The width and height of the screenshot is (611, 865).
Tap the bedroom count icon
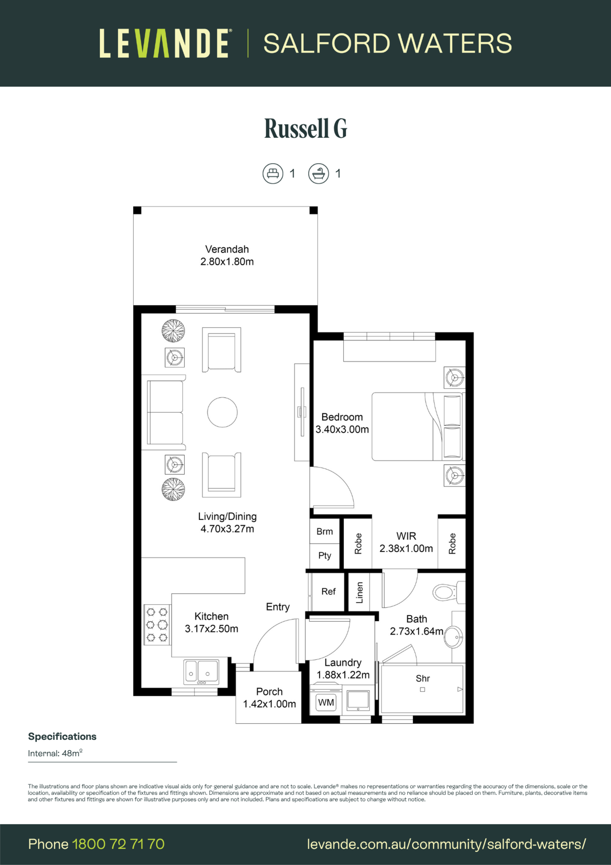coord(272,173)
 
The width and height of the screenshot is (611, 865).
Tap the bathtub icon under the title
coord(319,173)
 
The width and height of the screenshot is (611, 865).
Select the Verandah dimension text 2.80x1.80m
coord(227,261)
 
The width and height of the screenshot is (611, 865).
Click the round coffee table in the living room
coord(222,412)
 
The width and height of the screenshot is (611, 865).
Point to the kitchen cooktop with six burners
coord(157,625)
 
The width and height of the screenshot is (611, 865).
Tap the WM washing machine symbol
coord(326,703)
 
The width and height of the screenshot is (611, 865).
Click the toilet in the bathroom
coord(448,593)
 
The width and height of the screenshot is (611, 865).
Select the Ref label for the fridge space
coord(328,592)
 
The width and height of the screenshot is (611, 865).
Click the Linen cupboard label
coord(360,593)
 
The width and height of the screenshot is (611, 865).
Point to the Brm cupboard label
coord(325,532)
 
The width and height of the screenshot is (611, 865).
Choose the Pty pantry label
coord(325,556)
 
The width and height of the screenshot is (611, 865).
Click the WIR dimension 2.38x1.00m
coord(406,548)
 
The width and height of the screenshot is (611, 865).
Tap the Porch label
coord(269,692)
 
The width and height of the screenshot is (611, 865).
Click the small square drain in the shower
coord(422,690)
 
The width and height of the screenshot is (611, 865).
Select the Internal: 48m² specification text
coord(55,753)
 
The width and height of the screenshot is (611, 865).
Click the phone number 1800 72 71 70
coord(118,844)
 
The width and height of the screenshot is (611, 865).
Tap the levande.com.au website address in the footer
coord(446,844)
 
